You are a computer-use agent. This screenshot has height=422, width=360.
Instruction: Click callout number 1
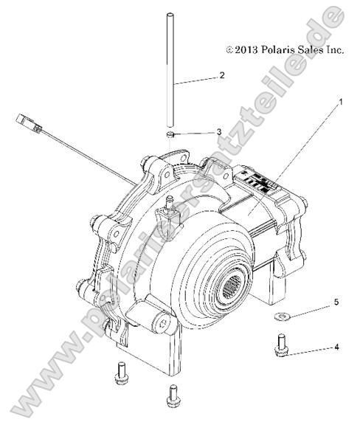pos(341,103)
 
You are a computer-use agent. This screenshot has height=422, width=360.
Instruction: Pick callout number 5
pos(336,302)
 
